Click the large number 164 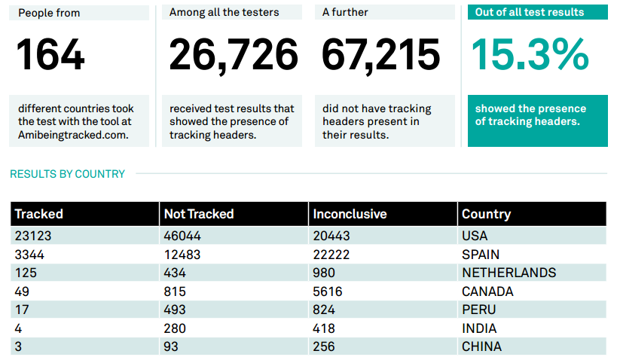pyautogui.click(x=50, y=55)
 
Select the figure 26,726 pyautogui.click(x=234, y=55)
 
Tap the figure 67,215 pyautogui.click(x=380, y=55)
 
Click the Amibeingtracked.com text pyautogui.click(x=73, y=135)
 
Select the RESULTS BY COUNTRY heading pyautogui.click(x=67, y=174)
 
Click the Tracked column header pyautogui.click(x=39, y=214)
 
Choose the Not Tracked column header pyautogui.click(x=199, y=214)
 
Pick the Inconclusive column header pyautogui.click(x=350, y=214)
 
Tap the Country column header pyautogui.click(x=486, y=214)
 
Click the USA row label pyautogui.click(x=475, y=236)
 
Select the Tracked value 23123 pyautogui.click(x=33, y=236)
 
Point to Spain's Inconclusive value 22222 pyautogui.click(x=331, y=255)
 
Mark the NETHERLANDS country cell pyautogui.click(x=509, y=273)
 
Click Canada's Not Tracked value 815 pyautogui.click(x=175, y=291)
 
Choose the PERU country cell pyautogui.click(x=478, y=310)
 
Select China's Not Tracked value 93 pyautogui.click(x=172, y=346)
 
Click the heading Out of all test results pyautogui.click(x=530, y=12)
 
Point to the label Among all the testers pyautogui.click(x=224, y=12)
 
